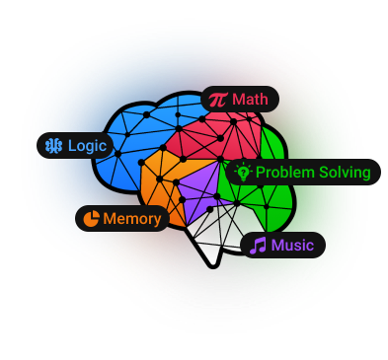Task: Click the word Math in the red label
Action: (250, 99)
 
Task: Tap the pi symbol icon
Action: (218, 100)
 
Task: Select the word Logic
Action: (87, 146)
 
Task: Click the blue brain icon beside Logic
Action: (53, 146)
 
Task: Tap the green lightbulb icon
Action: (243, 172)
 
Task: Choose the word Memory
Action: (132, 219)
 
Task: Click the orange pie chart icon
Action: (91, 219)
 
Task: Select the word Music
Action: (292, 246)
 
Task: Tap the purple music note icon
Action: (258, 246)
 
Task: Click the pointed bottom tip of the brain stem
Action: (213, 266)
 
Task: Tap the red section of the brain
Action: (217, 135)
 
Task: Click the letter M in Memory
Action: (109, 219)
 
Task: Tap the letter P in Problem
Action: (260, 173)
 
